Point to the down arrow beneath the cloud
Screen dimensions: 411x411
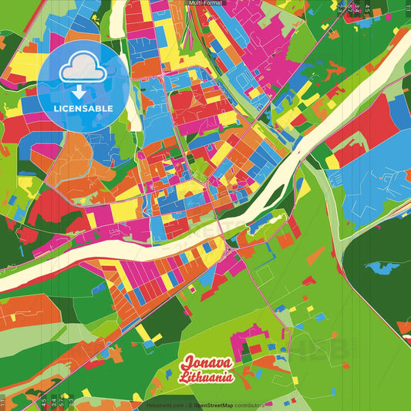[80, 91]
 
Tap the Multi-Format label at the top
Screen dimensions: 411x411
[206, 3]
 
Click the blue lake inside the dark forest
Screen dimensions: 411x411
[380, 268]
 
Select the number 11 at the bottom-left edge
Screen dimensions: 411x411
[4, 403]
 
